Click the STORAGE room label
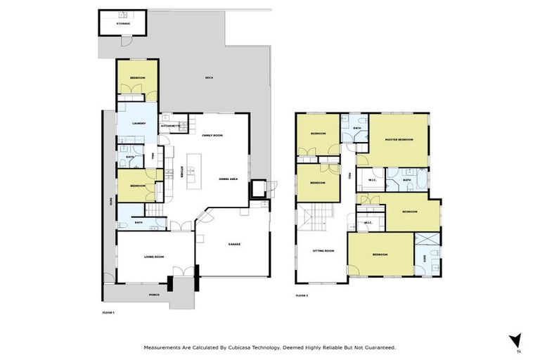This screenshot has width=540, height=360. tap(124, 24)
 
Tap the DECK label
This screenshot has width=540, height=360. tap(209, 77)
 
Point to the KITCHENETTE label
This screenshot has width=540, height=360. tap(171, 127)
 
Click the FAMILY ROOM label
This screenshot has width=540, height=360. tap(212, 135)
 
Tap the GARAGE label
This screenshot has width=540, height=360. tap(234, 244)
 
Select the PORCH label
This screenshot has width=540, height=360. tap(154, 295)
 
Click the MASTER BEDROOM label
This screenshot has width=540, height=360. tap(399, 140)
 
